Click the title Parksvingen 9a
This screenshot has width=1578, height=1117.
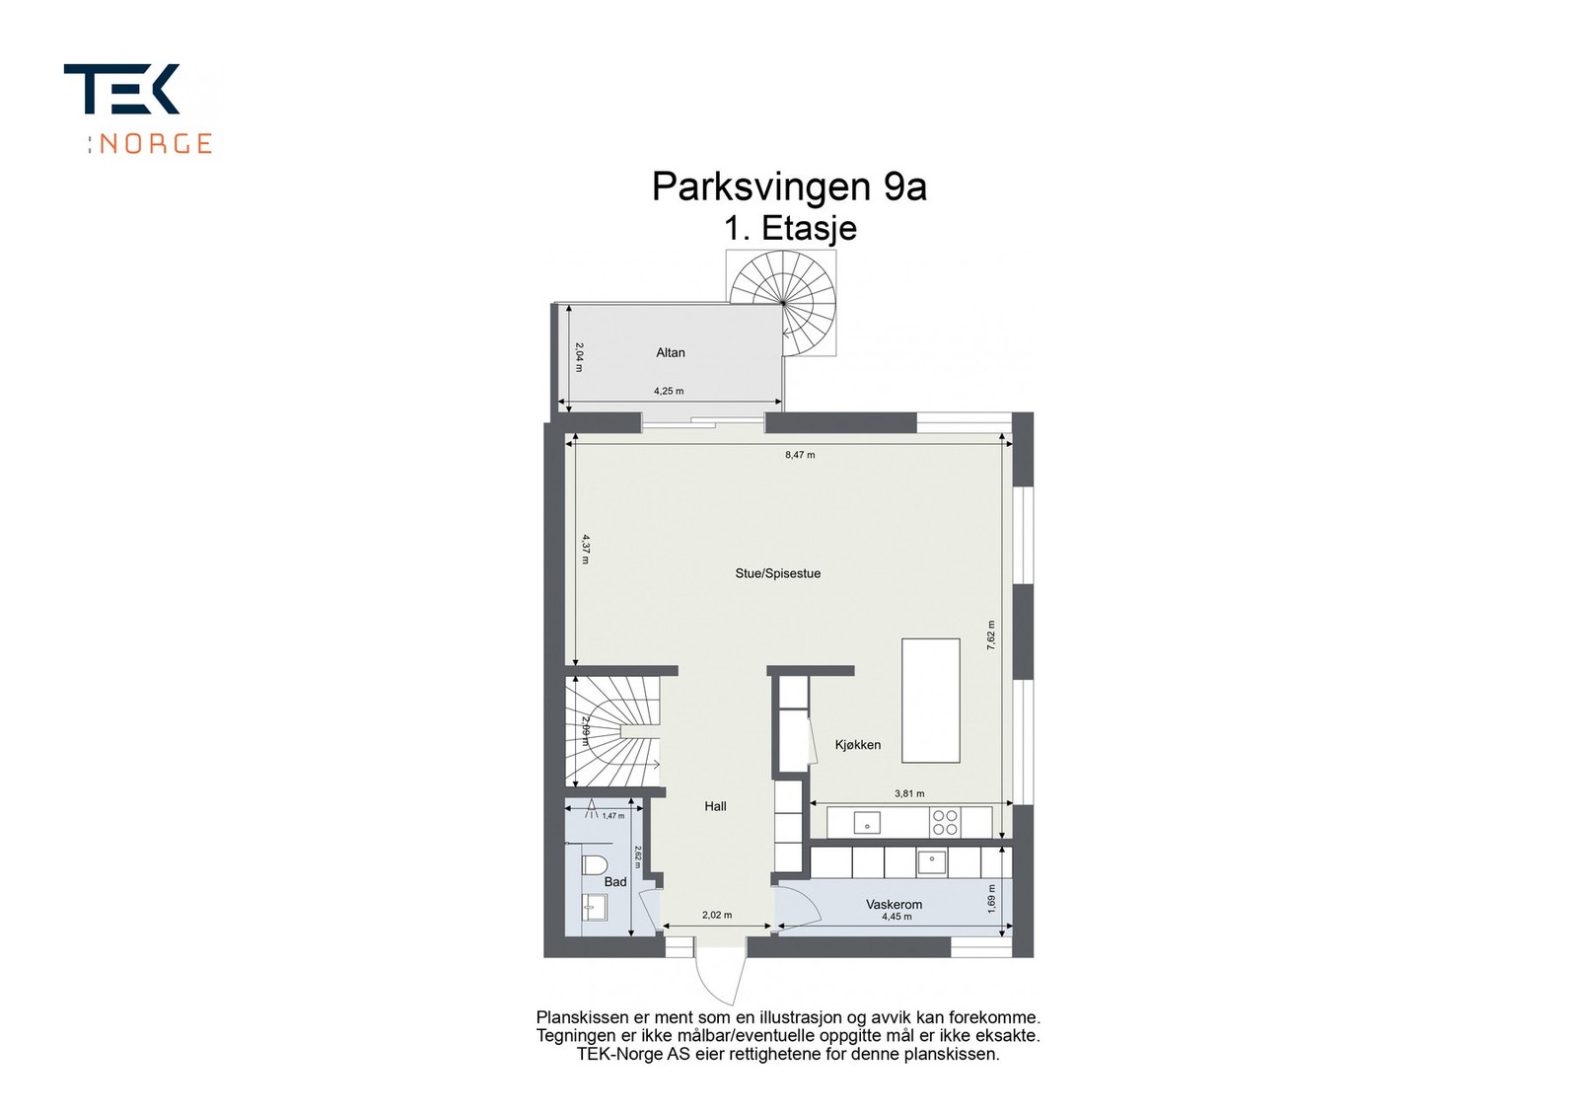point(789,186)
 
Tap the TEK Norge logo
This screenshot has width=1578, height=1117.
point(138,109)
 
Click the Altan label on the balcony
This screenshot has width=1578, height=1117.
point(671,352)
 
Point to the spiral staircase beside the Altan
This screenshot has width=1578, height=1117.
point(783,300)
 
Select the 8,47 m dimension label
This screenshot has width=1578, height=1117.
point(799,455)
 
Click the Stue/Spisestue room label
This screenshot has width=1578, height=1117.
point(777,573)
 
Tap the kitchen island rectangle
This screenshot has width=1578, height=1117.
point(930,700)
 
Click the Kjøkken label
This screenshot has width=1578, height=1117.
point(857,745)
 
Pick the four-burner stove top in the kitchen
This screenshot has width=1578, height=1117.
point(945,822)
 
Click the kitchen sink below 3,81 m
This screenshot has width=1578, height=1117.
point(867,822)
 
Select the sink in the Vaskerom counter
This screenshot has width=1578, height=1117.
point(932,862)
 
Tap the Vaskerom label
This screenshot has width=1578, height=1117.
point(894,904)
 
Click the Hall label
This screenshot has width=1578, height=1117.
point(715,806)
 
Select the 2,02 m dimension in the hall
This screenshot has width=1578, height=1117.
point(717,915)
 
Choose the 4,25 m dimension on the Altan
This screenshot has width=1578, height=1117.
point(668,391)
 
